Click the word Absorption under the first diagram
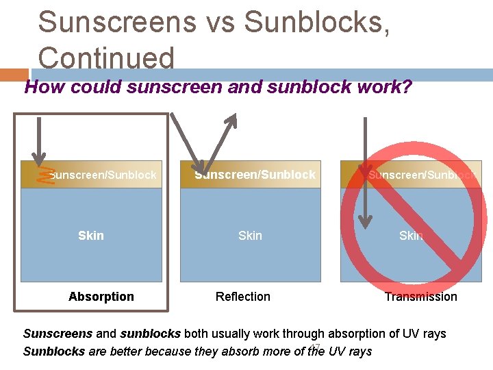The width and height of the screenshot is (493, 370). tap(101, 297)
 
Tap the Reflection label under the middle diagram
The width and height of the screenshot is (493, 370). tap(242, 297)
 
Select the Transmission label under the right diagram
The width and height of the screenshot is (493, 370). tap(420, 297)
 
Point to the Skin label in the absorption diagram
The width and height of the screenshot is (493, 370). tap(90, 236)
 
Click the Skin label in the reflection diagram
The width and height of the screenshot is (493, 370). tap(250, 236)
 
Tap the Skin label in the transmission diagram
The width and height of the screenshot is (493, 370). tap(411, 236)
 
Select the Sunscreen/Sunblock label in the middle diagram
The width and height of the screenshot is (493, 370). tap(255, 175)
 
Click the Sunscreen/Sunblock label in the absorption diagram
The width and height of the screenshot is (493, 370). tap(103, 175)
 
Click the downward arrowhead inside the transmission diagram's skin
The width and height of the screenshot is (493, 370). tap(366, 221)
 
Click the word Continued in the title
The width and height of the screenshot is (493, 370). tap(106, 58)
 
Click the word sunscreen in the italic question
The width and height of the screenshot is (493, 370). tap(173, 87)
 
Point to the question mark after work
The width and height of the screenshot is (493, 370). tap(407, 87)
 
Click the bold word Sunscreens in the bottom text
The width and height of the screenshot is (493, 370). tap(58, 334)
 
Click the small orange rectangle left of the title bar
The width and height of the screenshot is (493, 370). tap(14, 75)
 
